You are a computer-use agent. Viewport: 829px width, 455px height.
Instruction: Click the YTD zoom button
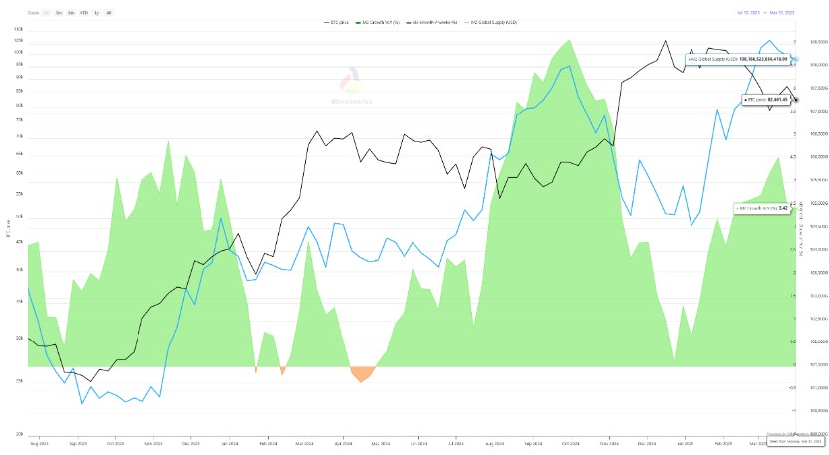84,12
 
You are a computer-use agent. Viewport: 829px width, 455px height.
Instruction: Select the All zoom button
109,12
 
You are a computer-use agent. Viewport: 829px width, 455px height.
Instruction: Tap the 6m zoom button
71,12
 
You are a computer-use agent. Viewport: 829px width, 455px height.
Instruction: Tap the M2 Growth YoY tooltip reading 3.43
759,207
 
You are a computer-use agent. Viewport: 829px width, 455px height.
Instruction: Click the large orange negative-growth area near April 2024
363,374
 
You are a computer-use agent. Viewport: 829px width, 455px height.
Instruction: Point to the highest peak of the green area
568,41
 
